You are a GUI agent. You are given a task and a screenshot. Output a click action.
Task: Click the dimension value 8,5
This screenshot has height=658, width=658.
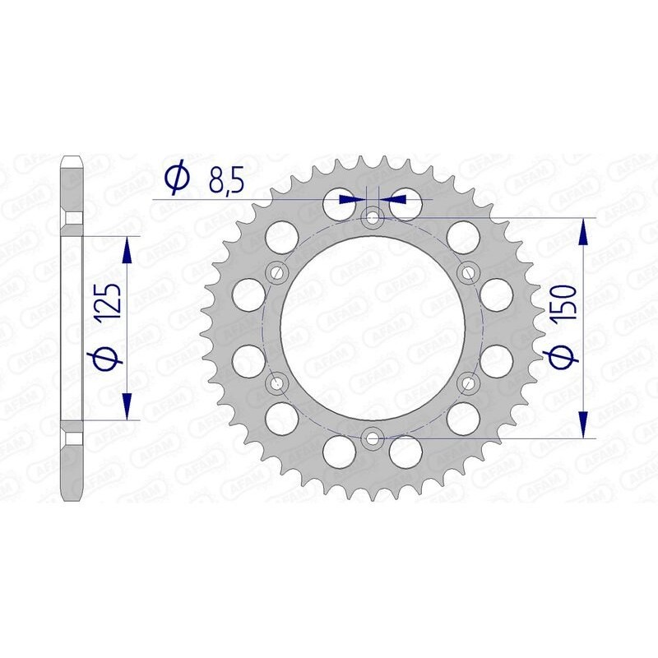point(225,179)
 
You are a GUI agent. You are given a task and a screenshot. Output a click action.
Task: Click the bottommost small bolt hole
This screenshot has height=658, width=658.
point(373,438)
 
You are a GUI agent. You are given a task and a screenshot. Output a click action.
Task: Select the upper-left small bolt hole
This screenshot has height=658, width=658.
point(276,272)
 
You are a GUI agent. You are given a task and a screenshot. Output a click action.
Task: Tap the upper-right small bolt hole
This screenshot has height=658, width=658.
point(469,272)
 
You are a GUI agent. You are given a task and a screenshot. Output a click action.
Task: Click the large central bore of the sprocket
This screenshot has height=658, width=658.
point(373,327)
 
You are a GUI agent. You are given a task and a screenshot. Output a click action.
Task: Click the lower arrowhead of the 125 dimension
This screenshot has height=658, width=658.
point(127,405)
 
